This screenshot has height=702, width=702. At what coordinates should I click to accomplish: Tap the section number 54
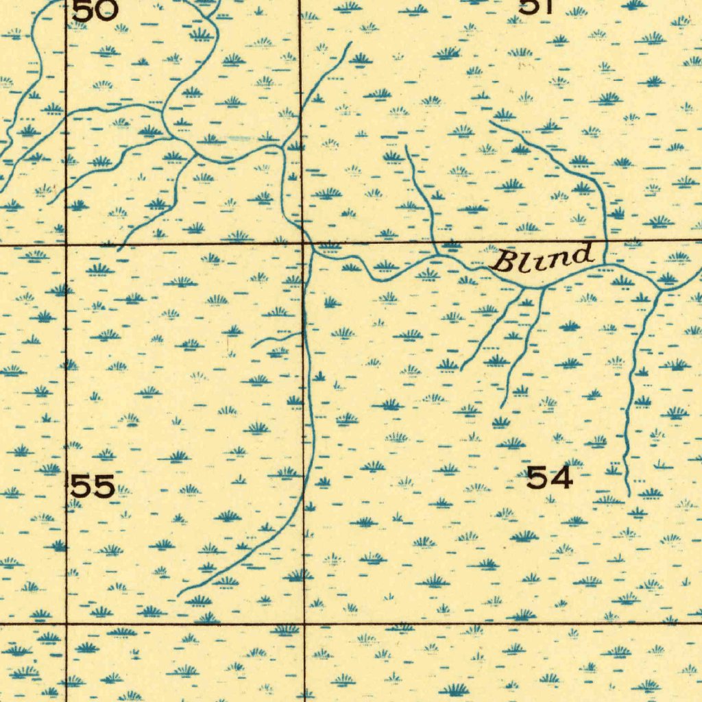[x=549, y=477]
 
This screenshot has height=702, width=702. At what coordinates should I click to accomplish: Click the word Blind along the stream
[x=542, y=259]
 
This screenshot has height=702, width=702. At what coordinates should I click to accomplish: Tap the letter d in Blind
[x=581, y=255]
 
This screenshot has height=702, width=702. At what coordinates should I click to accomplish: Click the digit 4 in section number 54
[x=560, y=477]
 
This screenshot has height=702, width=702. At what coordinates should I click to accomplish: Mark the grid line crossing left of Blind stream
[x=303, y=243]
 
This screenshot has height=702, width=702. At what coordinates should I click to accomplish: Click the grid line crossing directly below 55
[x=66, y=623]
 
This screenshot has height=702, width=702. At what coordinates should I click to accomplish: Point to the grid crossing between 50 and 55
[x=66, y=243]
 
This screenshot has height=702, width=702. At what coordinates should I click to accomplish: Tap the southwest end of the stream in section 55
[x=179, y=594]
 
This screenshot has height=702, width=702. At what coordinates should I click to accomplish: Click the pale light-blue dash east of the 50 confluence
[x=240, y=138]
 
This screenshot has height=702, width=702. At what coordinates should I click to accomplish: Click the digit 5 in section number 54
[x=537, y=477]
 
